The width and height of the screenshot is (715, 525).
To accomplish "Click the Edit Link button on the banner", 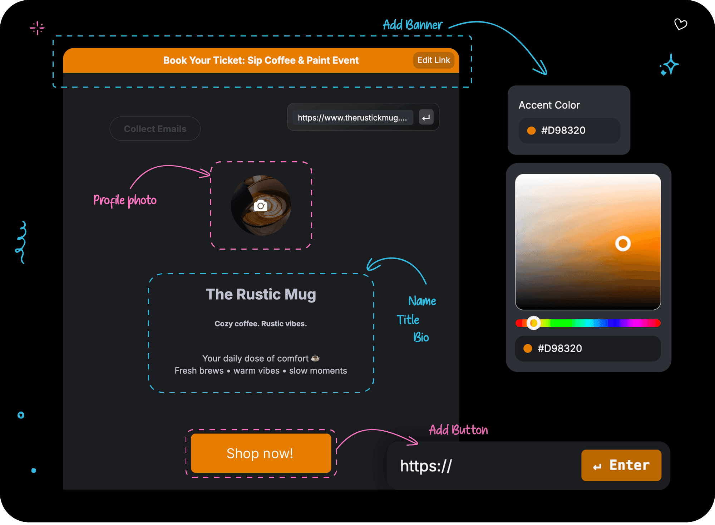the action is coord(434,60).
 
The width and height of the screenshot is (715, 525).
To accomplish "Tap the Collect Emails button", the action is coord(155,129).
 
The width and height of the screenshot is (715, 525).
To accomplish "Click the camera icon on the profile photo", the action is coord(261,206).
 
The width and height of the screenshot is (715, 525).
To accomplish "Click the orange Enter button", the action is coord(621,465).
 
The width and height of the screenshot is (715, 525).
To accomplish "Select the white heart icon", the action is coord(681,24).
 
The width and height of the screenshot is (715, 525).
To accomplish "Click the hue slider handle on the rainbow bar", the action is coord(533,323).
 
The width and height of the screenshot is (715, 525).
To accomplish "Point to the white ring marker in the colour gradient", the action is coord(623,244).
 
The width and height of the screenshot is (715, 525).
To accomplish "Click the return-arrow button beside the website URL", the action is coord(426,118).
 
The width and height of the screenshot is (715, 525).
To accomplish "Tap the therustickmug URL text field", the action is coord(352,118).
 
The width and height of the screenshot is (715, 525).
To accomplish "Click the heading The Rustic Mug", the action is coord(261,294).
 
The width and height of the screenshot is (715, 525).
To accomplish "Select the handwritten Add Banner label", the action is coord(413,25).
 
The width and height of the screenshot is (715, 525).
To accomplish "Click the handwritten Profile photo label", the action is coord(125,200).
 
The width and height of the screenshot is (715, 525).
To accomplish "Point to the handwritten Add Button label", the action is coord(458,430).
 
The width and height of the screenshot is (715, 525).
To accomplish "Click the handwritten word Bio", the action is coord(421,337).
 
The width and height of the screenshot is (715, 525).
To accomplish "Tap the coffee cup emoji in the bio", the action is coord(315,358).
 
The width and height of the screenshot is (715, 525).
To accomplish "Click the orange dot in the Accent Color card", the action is coord(531,131).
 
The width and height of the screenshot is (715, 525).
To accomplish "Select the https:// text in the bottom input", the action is coord(426,466).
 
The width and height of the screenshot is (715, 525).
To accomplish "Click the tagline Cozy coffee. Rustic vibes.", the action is coord(261,324).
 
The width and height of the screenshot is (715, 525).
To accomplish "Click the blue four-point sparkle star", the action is coord(670,65).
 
